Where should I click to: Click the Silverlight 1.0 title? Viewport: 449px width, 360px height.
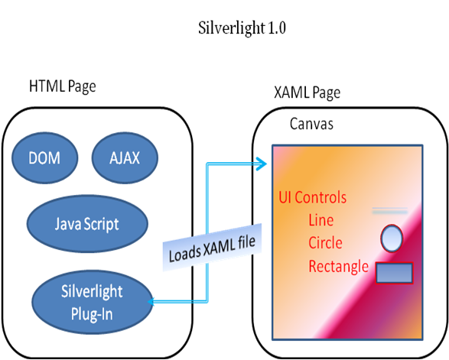(242, 28)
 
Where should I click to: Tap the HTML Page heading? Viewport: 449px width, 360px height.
(63, 86)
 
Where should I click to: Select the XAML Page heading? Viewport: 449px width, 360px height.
(307, 92)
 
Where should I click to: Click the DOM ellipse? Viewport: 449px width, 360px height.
(44, 157)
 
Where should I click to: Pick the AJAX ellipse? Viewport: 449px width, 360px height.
(125, 157)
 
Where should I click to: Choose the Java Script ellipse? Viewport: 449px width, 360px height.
(87, 223)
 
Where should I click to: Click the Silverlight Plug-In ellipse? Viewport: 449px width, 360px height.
(93, 302)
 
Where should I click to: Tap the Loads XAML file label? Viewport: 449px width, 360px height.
(212, 247)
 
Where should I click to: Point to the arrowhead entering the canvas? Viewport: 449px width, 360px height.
(262, 164)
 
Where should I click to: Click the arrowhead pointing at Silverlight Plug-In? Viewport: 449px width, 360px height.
(151, 302)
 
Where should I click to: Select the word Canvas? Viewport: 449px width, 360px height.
(311, 124)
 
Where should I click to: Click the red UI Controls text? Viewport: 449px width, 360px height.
(312, 197)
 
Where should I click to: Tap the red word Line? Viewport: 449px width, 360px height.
(321, 220)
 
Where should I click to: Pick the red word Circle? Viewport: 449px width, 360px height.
(325, 243)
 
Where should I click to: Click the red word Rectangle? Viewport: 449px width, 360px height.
(338, 267)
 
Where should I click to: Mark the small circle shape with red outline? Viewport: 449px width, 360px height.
(392, 238)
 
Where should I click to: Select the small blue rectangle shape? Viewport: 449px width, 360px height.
(394, 273)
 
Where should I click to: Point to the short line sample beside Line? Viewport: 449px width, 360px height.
(390, 211)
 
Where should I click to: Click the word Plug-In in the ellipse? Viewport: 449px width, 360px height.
(92, 314)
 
